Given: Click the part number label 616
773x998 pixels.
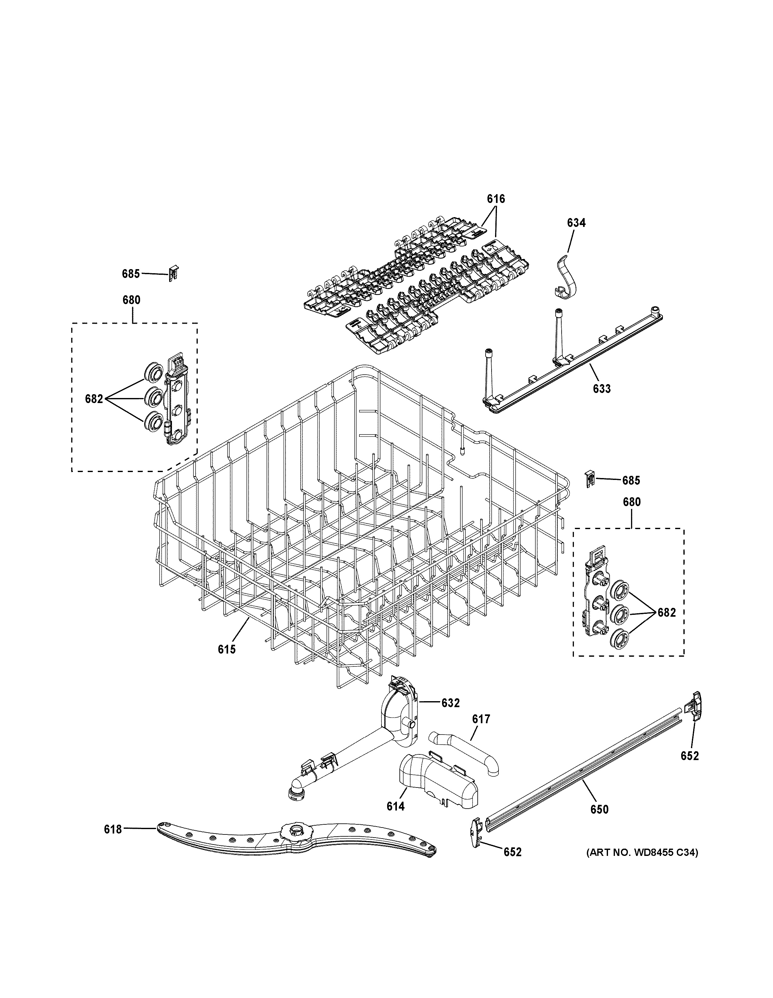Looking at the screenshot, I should pyautogui.click(x=496, y=199).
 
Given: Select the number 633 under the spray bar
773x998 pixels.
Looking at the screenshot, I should pyautogui.click(x=601, y=389).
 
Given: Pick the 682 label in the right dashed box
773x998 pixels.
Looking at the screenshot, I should pyautogui.click(x=666, y=613).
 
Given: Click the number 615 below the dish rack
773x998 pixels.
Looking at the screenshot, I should pyautogui.click(x=227, y=649).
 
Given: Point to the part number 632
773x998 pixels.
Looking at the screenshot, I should pyautogui.click(x=450, y=703).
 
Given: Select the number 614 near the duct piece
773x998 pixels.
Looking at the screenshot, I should pyautogui.click(x=396, y=806).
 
